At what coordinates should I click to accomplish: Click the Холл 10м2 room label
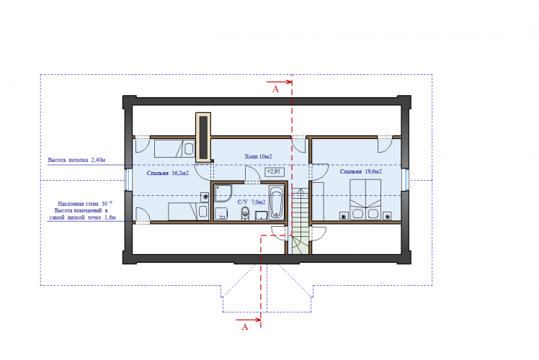tap(258, 157)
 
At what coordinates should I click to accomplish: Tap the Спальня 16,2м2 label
tap(168, 173)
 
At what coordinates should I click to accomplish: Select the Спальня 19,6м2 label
tap(361, 171)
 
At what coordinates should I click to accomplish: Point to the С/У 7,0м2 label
tap(251, 202)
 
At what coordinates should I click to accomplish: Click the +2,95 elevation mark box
tap(275, 171)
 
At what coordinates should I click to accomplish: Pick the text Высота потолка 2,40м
tap(76, 160)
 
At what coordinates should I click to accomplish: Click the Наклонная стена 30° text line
tap(85, 204)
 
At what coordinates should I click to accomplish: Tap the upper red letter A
tap(275, 89)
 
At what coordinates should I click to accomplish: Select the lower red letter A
tap(245, 327)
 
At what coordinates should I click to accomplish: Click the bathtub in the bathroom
tap(277, 202)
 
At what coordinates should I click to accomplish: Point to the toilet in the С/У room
tap(245, 213)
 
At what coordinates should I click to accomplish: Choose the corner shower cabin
tap(223, 194)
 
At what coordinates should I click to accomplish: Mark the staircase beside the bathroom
tap(300, 221)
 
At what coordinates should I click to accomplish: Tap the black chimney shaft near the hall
tap(203, 138)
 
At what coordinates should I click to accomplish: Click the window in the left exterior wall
tap(128, 179)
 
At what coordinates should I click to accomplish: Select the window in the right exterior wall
tap(406, 179)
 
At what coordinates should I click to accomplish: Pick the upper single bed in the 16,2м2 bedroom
tap(174, 148)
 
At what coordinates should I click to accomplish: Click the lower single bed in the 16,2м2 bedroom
tap(188, 211)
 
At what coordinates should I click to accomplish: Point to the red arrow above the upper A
tap(280, 82)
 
